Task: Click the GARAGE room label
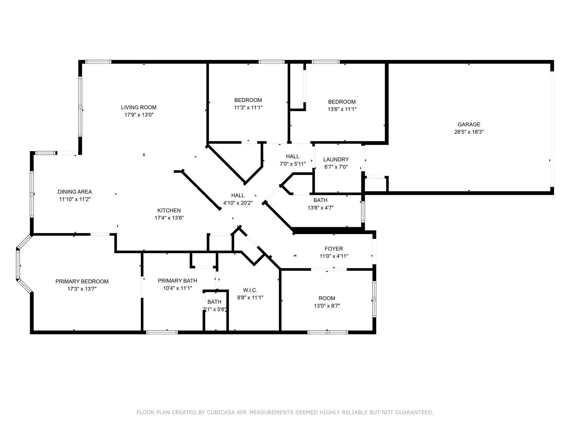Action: [x=469, y=125]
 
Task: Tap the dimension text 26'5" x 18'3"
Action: [x=469, y=132]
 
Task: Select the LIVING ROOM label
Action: [x=139, y=107]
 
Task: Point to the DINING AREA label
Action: [x=75, y=192]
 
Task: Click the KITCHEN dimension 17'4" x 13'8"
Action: [x=169, y=218]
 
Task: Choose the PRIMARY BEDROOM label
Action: [x=82, y=282]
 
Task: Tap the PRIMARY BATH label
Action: [x=177, y=281]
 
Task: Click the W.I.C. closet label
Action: [x=250, y=290]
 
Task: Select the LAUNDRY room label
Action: [x=336, y=160]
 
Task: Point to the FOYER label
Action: [x=334, y=249]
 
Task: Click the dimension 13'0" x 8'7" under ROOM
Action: [x=327, y=306]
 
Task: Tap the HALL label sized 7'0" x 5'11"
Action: [x=293, y=157]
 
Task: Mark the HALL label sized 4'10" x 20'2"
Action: [x=238, y=195]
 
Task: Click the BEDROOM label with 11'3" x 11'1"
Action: [x=248, y=100]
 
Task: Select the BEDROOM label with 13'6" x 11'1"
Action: [x=342, y=102]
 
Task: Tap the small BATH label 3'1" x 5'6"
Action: [x=214, y=302]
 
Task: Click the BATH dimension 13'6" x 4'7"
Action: [x=320, y=208]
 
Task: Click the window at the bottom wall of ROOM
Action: [x=328, y=332]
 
